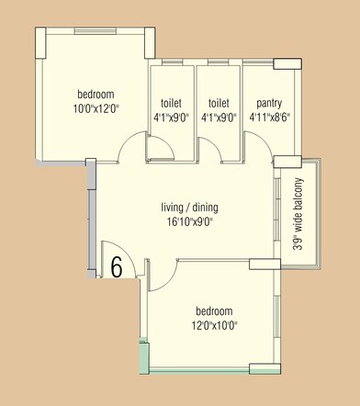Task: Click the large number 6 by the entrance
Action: pos(117,265)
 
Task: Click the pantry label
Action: pos(269,104)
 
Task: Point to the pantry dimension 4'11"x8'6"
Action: pos(269,118)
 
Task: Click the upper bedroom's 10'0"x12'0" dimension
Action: pos(96,108)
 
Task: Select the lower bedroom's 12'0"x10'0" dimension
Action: pos(214,324)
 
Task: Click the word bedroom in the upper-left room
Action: pos(96,95)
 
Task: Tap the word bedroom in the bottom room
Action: pos(214,310)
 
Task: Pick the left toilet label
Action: pos(171,104)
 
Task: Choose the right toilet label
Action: pos(219,104)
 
